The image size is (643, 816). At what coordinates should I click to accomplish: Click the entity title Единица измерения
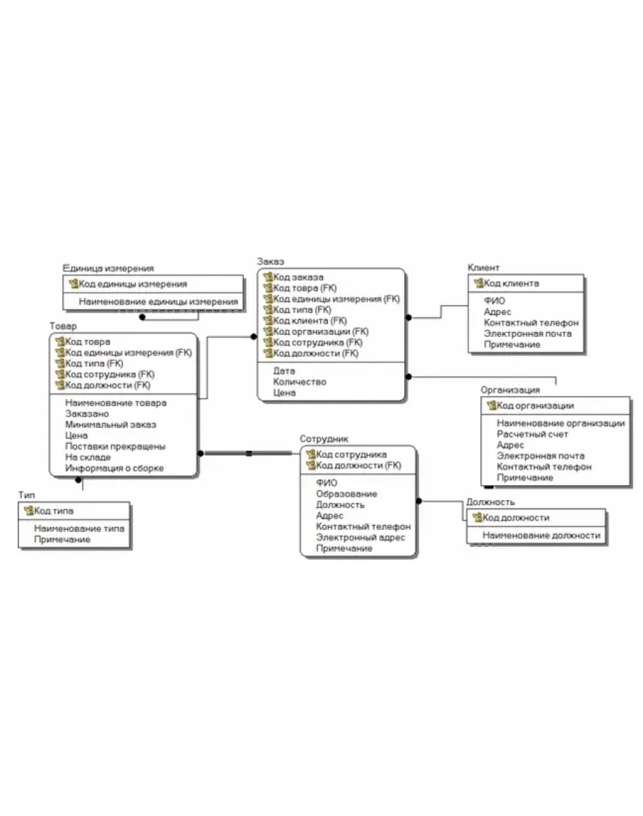[108, 268]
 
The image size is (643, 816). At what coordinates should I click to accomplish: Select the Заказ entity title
[270, 261]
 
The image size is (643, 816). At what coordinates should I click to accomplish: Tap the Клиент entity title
[483, 268]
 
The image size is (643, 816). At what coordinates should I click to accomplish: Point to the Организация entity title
[510, 390]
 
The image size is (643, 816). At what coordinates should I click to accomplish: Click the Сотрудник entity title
[324, 439]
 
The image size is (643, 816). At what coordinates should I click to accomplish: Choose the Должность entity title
[490, 502]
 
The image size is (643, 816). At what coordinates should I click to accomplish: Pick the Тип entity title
[27, 495]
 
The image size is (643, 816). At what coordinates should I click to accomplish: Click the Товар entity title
[63, 326]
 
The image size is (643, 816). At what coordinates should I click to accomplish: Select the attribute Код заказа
[298, 278]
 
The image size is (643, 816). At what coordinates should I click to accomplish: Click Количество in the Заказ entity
[300, 382]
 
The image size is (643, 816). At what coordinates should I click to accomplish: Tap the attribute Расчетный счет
[532, 434]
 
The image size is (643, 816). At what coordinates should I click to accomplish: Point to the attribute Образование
[346, 494]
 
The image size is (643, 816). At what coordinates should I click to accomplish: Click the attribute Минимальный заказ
[110, 425]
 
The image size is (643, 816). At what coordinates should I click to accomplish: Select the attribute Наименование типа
[79, 528]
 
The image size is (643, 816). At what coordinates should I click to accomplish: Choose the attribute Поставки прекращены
[115, 447]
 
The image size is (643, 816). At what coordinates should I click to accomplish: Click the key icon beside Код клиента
[478, 283]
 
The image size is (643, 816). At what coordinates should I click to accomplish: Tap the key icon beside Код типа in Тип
[29, 511]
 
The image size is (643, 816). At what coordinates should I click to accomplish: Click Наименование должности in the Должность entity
[541, 536]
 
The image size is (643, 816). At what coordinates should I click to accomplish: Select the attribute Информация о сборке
[114, 468]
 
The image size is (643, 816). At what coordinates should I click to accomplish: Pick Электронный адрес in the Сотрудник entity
[360, 538]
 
